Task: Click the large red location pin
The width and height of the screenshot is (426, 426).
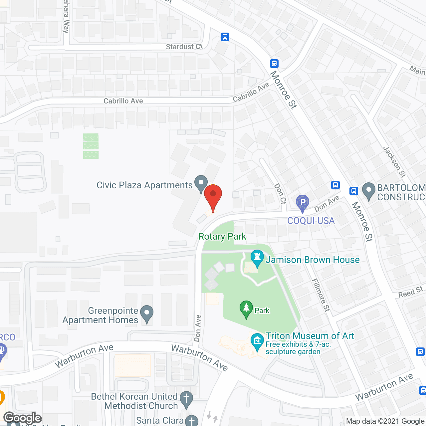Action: pyautogui.click(x=213, y=196)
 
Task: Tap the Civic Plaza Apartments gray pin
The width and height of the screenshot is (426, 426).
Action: pyautogui.click(x=201, y=184)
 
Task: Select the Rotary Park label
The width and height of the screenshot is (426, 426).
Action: pyautogui.click(x=222, y=237)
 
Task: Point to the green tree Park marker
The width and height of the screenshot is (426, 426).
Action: pyautogui.click(x=246, y=309)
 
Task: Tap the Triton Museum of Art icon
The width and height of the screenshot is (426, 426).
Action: pyautogui.click(x=257, y=341)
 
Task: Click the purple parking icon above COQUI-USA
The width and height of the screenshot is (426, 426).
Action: pyautogui.click(x=303, y=203)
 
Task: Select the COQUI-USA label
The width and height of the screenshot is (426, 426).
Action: pyautogui.click(x=311, y=221)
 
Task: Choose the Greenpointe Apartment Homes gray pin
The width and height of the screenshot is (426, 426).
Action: pyautogui.click(x=146, y=314)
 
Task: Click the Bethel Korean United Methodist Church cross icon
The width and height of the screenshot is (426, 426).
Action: pyautogui.click(x=186, y=399)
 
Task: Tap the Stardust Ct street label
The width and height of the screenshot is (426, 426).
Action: pyautogui.click(x=184, y=47)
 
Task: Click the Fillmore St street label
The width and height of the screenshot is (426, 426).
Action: pyautogui.click(x=320, y=295)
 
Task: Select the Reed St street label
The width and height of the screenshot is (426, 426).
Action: pyautogui.click(x=410, y=292)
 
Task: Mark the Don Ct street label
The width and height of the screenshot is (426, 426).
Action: pyautogui.click(x=280, y=193)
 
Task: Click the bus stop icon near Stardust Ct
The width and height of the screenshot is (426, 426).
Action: pyautogui.click(x=225, y=37)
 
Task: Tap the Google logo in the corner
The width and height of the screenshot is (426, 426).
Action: pyautogui.click(x=23, y=418)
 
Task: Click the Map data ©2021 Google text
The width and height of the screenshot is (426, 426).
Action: pyautogui.click(x=385, y=421)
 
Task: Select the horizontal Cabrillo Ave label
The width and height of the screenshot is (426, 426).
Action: pyautogui.click(x=123, y=101)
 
